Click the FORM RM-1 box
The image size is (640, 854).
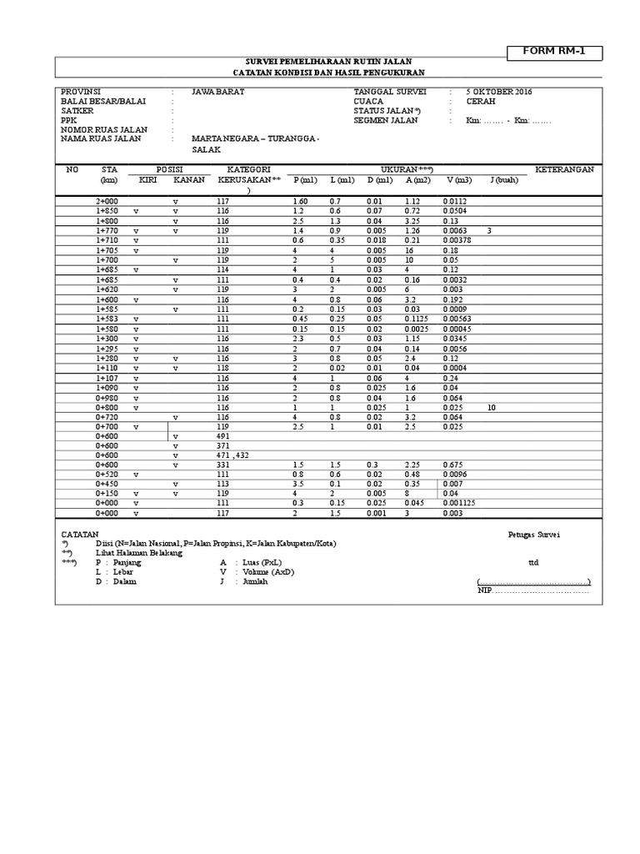[553, 52]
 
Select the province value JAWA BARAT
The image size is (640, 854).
[217, 91]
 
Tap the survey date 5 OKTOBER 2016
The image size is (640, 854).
[499, 91]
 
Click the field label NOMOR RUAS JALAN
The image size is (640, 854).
[103, 129]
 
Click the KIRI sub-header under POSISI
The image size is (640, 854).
[147, 180]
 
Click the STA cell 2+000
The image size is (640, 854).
[107, 201]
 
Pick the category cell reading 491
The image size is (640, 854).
[222, 436]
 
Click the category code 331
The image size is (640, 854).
[222, 465]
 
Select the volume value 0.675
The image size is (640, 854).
[453, 465]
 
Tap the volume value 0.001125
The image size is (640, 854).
[459, 504]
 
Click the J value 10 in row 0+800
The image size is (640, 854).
[492, 407]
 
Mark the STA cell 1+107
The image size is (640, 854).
[107, 377]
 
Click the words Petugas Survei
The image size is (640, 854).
[534, 535]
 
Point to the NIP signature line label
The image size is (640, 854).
[484, 590]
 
